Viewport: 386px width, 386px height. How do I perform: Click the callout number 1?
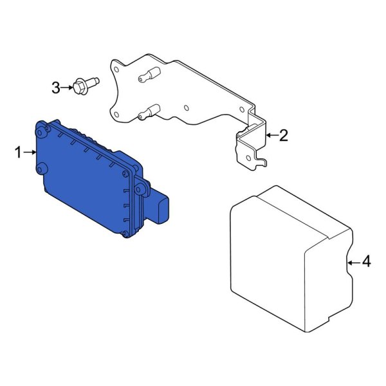19,152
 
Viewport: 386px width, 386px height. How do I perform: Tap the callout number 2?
284,135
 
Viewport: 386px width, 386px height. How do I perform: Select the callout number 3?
56,87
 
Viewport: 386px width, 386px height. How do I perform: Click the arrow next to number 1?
30,152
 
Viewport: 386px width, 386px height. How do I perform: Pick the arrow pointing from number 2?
271,135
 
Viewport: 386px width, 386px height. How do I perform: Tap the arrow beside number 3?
67,87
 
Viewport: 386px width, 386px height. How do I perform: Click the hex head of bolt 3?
78,87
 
